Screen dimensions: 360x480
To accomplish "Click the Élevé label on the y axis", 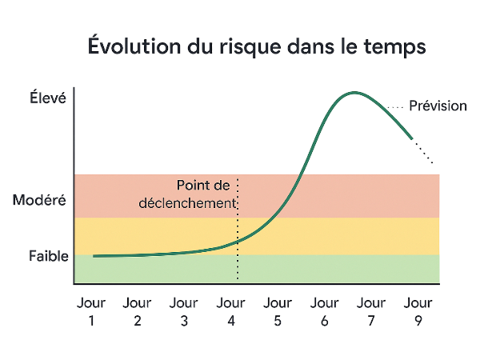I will [48, 99].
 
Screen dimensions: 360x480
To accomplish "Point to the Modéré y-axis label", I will [40, 201].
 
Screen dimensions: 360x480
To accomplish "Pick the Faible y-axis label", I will [49, 256].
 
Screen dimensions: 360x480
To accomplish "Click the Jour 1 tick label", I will [91, 312].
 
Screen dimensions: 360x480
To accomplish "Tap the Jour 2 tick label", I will [138, 312].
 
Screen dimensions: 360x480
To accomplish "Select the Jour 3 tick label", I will [184, 312].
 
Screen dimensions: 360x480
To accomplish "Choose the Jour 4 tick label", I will [230, 312].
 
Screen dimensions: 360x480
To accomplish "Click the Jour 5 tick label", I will [277, 312].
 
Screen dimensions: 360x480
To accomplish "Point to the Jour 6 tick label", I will [324, 312].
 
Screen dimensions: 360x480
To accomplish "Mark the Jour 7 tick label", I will [370, 312].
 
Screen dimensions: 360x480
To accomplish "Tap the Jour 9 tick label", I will [418, 312].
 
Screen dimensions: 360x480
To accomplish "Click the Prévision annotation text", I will [438, 106].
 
